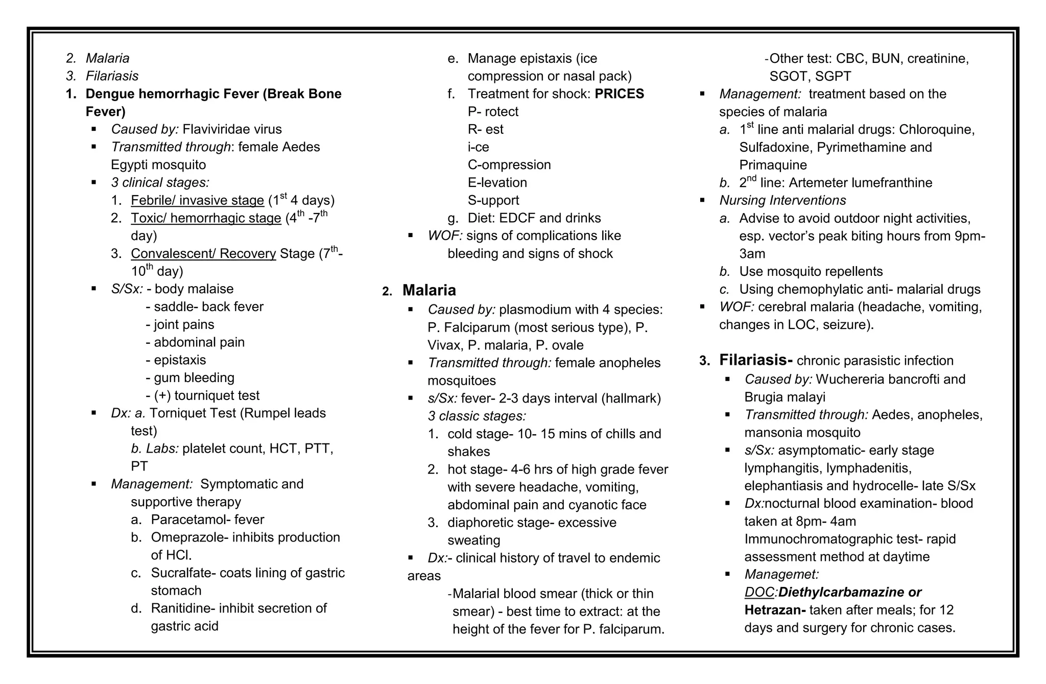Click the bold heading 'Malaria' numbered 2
[x=429, y=290]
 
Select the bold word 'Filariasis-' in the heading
[x=755, y=360]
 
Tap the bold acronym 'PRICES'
[x=619, y=94]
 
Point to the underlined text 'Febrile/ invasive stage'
[x=197, y=200]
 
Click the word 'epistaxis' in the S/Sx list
[x=180, y=360]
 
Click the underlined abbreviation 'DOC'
[x=759, y=593]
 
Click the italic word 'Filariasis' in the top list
[x=112, y=76]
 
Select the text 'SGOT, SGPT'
[x=810, y=77]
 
